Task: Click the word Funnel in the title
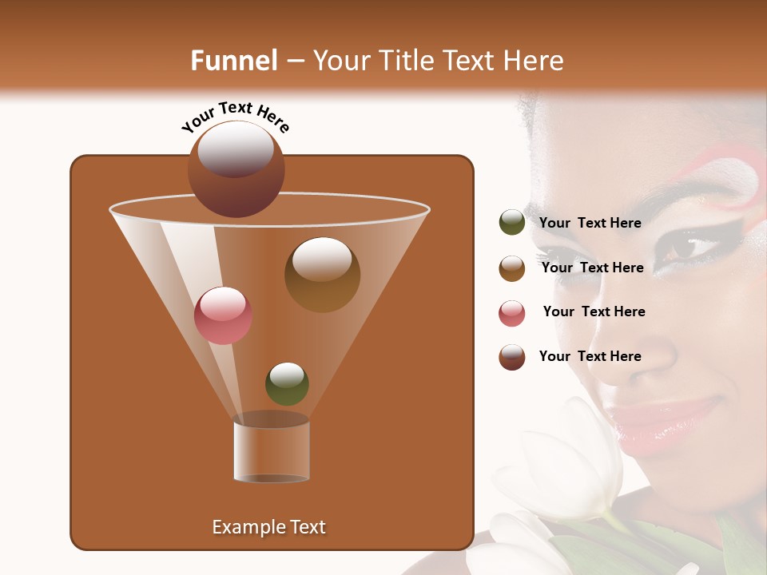click(x=234, y=61)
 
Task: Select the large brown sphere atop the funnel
click(x=236, y=169)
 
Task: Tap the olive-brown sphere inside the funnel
click(x=322, y=275)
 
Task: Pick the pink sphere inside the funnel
click(x=223, y=315)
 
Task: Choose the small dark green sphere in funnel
click(x=287, y=383)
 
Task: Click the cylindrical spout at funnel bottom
click(x=272, y=450)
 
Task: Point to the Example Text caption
click(x=268, y=527)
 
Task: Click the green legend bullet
click(x=511, y=223)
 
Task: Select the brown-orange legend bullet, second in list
click(x=511, y=268)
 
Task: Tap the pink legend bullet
click(x=511, y=313)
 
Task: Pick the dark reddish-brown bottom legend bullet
click(x=511, y=357)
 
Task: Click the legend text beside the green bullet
click(x=590, y=223)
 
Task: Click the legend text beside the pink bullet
click(x=594, y=311)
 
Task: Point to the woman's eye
click(x=686, y=248)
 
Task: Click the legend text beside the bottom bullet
click(x=590, y=356)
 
